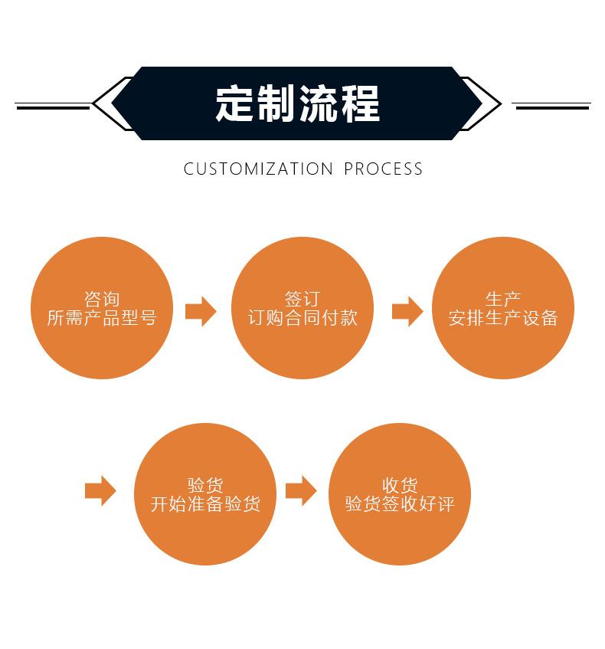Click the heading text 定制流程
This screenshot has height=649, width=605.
pos(297,103)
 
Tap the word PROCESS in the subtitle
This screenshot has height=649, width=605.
pos(383,169)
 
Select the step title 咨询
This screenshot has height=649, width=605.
pos(101,299)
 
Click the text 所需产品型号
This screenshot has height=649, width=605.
pos(101,318)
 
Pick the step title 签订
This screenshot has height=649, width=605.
pos(302,299)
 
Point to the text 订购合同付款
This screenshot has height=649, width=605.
pos(302,318)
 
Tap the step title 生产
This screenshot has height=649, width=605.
pos(502,299)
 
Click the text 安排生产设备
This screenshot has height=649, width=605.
pos(502,318)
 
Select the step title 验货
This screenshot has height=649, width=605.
pos(204,485)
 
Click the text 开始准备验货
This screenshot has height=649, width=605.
pos(204,504)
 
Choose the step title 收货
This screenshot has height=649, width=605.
pos(399,485)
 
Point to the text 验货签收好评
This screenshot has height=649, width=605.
pos(399,504)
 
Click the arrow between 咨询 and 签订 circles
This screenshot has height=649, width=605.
pos(201,311)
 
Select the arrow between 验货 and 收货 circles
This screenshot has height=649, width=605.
pos(301,490)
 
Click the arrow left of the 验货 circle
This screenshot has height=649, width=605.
pos(100,490)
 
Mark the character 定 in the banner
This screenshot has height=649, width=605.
pos(235,103)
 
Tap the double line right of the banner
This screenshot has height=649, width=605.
pos(551,105)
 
